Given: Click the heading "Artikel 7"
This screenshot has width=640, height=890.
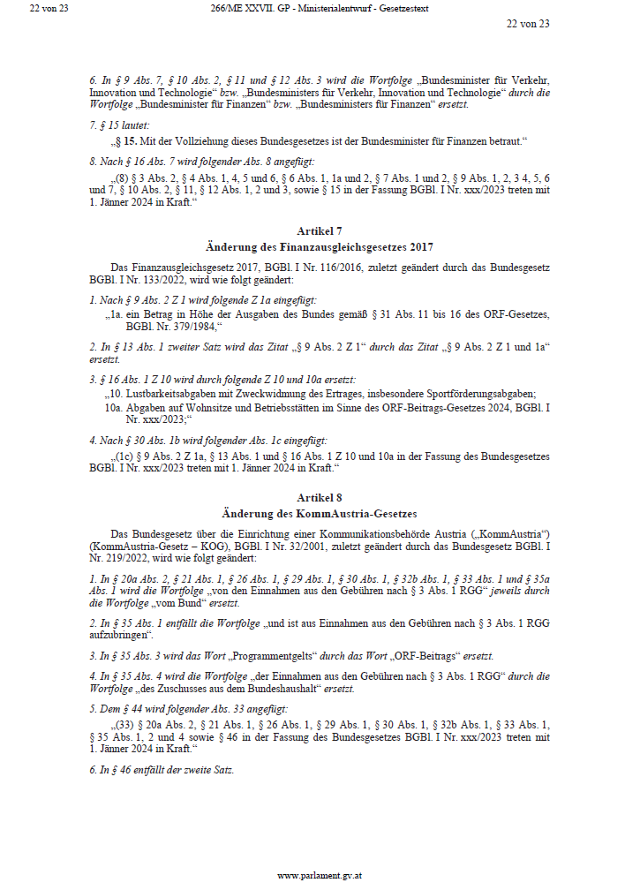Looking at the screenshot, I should click(319, 230).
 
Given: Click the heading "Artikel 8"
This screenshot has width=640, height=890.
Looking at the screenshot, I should click(319, 498).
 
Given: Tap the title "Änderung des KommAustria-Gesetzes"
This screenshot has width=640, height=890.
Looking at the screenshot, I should click(319, 513).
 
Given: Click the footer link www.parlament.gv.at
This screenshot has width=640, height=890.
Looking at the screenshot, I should click(319, 876).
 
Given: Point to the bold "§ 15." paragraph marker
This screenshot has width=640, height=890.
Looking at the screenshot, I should click(129, 141).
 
